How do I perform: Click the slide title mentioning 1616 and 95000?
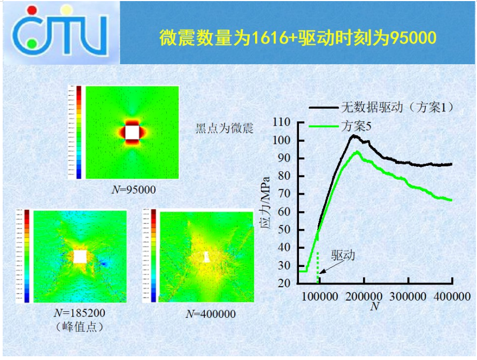tap(298, 37)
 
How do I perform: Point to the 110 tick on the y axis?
tap(281, 122)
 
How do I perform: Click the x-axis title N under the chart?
tap(374, 307)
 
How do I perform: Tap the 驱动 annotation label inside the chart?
tap(342, 255)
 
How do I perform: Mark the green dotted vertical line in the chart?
tap(318, 267)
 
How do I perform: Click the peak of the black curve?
tap(354, 135)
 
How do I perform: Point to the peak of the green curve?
tap(357, 152)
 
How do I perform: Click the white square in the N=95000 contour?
tap(132, 131)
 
